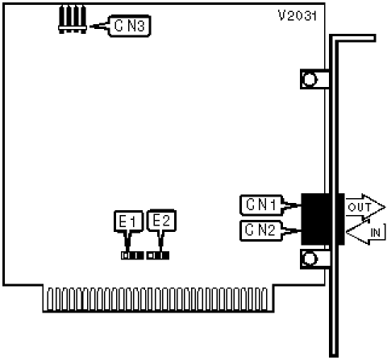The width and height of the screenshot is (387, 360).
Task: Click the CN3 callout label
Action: [x=129, y=26]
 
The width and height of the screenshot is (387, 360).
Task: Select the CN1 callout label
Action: [x=260, y=205]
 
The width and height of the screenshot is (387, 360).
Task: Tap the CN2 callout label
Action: [x=260, y=230]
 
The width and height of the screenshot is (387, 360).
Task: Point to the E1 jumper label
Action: [x=128, y=221]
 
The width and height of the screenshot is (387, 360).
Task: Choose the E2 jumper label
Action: [x=161, y=221]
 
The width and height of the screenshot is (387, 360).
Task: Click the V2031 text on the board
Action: [x=298, y=15]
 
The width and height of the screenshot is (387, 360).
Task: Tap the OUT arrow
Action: [x=365, y=207]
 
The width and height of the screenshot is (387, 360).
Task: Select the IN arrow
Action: [x=366, y=232]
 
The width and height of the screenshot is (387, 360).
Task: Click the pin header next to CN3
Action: [x=73, y=19]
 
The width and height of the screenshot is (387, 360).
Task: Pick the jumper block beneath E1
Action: [x=132, y=255]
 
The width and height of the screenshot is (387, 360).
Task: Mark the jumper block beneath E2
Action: [x=158, y=255]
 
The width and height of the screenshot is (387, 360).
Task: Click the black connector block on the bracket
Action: [x=322, y=219]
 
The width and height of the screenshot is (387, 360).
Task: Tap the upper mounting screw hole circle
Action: [x=310, y=80]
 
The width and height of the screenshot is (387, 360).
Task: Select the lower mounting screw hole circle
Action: [x=310, y=259]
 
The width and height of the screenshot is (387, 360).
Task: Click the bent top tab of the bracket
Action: [x=352, y=38]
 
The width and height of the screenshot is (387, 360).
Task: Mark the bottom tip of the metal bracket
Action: [x=334, y=356]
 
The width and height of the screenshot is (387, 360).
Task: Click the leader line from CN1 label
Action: [x=292, y=205]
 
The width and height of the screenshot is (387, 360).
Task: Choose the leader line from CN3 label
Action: [x=99, y=26]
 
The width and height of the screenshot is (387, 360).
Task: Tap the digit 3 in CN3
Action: [x=140, y=26]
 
